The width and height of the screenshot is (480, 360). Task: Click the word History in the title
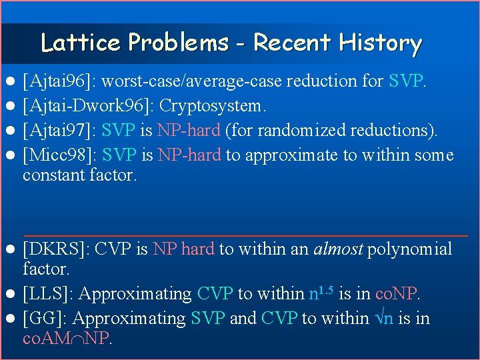[x=381, y=43]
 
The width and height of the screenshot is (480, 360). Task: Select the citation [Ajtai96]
[x=56, y=82]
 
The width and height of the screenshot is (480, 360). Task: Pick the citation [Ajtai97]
[x=56, y=131]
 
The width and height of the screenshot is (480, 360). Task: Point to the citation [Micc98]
[x=55, y=156]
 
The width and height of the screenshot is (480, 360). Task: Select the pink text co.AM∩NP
[x=67, y=339]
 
